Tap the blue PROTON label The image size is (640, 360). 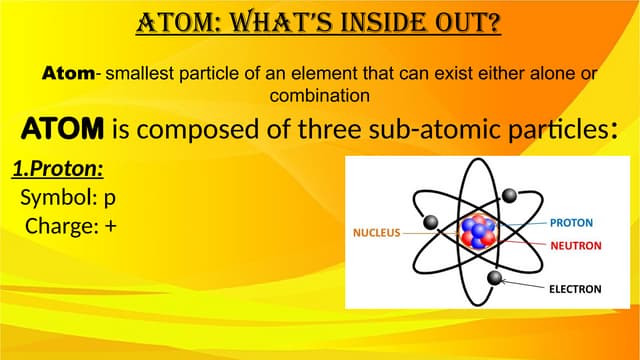pyautogui.click(x=571, y=221)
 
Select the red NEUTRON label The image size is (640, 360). pyautogui.click(x=574, y=245)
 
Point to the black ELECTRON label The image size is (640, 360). pyautogui.click(x=574, y=289)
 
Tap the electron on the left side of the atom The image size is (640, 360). pyautogui.click(x=432, y=221)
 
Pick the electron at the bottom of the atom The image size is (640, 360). pyautogui.click(x=493, y=277)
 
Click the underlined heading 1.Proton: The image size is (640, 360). pyautogui.click(x=58, y=170)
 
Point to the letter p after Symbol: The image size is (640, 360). pyautogui.click(x=110, y=198)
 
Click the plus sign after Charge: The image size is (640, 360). pyautogui.click(x=110, y=226)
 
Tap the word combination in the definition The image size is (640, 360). pyautogui.click(x=321, y=96)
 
